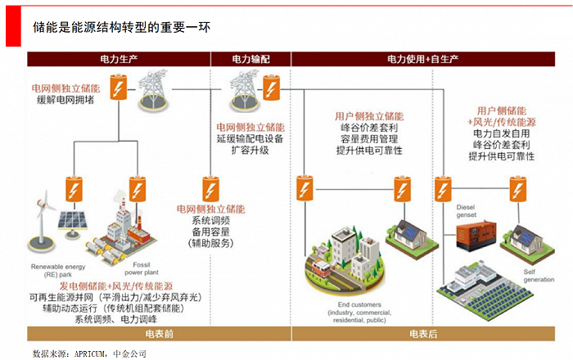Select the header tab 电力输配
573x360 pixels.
(x=250, y=60)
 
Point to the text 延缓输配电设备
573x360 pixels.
(x=250, y=139)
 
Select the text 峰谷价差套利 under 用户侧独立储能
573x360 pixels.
(x=369, y=128)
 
